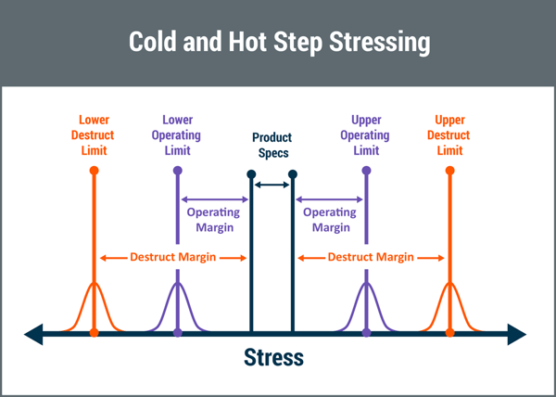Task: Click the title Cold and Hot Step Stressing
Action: (280, 43)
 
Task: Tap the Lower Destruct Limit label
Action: (94, 135)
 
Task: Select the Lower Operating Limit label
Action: (177, 135)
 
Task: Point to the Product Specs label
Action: (272, 145)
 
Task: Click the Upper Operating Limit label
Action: (365, 135)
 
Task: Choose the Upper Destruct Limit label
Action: (449, 135)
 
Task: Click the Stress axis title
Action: (273, 357)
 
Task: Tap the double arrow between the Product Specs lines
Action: (272, 185)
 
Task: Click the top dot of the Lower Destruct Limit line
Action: (94, 171)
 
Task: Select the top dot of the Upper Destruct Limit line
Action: (450, 171)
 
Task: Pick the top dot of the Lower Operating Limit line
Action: (178, 171)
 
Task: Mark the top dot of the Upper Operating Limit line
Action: (367, 171)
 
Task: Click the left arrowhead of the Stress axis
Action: (33, 334)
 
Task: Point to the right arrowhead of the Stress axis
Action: (517, 334)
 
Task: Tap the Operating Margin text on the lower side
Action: (214, 220)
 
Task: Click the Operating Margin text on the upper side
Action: (330, 220)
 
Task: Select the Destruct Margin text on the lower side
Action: (173, 257)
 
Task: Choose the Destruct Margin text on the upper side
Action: (371, 257)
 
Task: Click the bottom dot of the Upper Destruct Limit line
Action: (450, 333)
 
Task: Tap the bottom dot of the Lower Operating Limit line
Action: (178, 333)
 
